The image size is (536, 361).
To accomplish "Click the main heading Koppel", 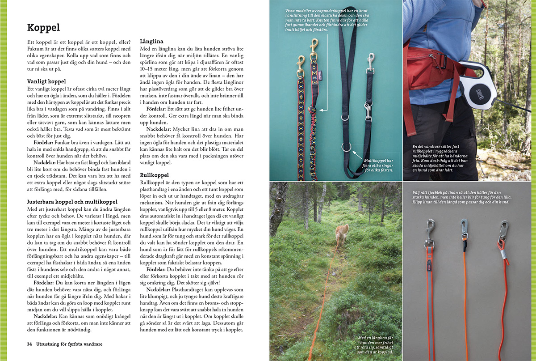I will [43, 28].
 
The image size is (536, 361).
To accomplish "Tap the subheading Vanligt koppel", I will [46, 81].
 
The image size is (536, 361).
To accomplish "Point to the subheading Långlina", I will [152, 41].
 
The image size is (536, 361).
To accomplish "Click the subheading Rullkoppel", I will [154, 175].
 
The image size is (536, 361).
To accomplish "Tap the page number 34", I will [29, 344].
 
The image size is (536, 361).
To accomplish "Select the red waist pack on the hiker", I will [429, 67].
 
